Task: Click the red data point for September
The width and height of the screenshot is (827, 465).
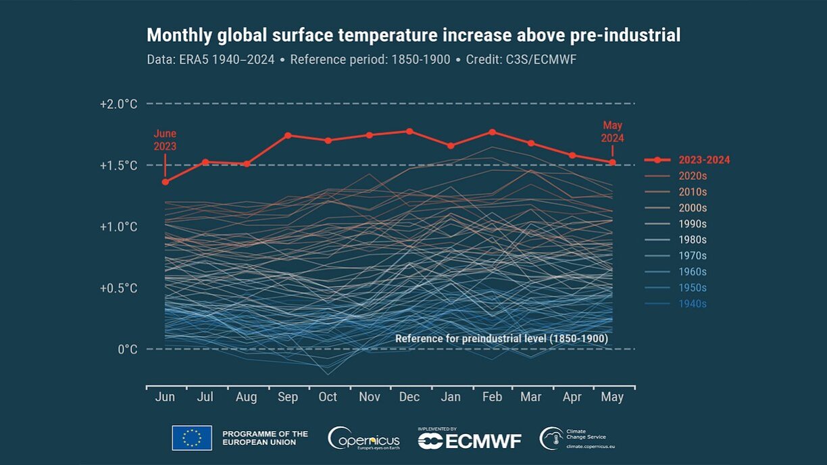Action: [x=288, y=135]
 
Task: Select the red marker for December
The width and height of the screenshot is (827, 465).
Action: [x=409, y=131]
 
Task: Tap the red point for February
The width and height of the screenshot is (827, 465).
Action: [x=492, y=132]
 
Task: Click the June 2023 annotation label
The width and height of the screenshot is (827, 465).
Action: [x=165, y=139]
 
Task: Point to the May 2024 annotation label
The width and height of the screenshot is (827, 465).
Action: [x=613, y=132]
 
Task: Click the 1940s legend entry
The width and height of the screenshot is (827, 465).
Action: [x=693, y=303]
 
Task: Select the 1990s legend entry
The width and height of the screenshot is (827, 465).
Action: [x=693, y=224]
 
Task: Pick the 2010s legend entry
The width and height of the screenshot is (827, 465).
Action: [x=693, y=192]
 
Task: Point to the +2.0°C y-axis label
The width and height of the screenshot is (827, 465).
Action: [x=118, y=104]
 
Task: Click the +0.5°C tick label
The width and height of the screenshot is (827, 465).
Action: [x=118, y=288]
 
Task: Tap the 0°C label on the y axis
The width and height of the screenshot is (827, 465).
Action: [x=127, y=349]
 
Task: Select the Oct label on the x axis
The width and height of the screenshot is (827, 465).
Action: [x=328, y=397]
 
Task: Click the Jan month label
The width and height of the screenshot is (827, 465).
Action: [x=451, y=397]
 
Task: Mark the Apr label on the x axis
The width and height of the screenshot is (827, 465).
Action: [x=572, y=397]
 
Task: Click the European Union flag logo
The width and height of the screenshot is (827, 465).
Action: [x=192, y=438]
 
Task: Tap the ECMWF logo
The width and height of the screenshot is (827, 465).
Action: [x=470, y=441]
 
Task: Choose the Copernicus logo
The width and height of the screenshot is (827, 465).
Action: [x=364, y=439]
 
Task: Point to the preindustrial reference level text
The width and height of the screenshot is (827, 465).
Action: [x=501, y=338]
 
